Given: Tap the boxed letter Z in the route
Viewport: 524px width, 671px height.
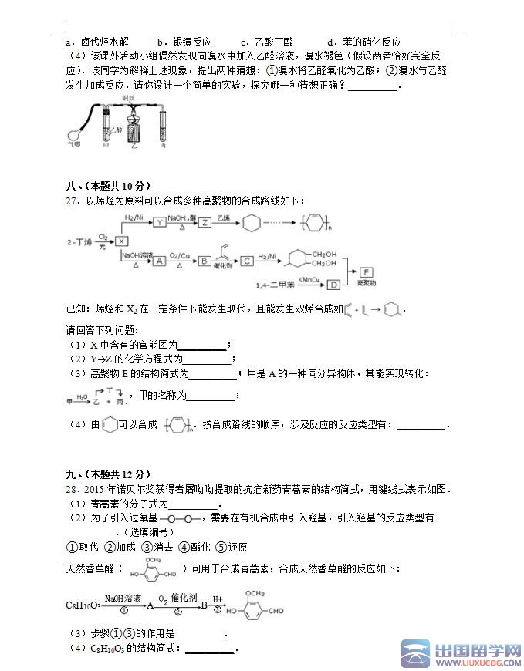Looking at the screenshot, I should click(205, 222).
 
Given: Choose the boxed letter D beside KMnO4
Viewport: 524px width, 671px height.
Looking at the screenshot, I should click(333, 285).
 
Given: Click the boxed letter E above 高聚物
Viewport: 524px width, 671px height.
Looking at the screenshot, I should click(367, 271).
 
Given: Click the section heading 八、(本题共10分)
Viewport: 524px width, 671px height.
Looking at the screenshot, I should click(108, 186).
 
